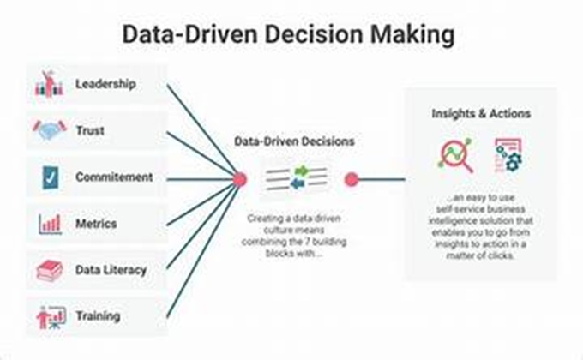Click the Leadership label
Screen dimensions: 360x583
pos(105,84)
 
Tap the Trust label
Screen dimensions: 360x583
pos(89,130)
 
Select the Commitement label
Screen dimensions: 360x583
pos(113,177)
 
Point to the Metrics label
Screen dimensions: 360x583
pos(95,223)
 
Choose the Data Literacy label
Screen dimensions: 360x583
pos(111,270)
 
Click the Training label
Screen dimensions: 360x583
pos(98,316)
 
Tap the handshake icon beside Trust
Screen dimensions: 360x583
pos(49,130)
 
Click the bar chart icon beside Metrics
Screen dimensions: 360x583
pos(49,224)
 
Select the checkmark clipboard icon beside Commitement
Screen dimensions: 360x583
pos(49,177)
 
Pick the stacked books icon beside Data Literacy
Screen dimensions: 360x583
pos(49,271)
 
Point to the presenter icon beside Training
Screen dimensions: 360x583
pos(49,317)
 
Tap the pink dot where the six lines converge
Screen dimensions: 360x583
pos(240,179)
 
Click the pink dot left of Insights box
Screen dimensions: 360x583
pos(351,179)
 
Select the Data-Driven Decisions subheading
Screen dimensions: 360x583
pos(295,141)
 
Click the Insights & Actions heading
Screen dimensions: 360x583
pos(480,113)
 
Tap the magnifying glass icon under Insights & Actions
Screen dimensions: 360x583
pos(454,155)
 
